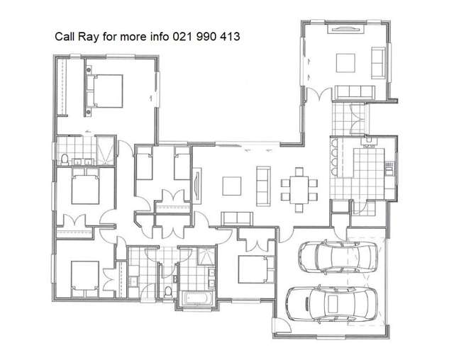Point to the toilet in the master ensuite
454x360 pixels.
pyautogui.click(x=65, y=158)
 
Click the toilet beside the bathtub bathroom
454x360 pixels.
pyautogui.click(x=167, y=291)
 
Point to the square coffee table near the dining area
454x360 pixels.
pyautogui.click(x=232, y=186)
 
